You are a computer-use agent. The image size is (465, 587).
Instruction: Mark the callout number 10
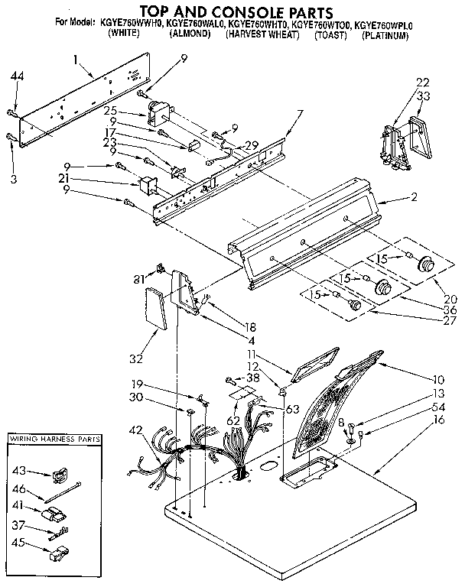click(x=438, y=378)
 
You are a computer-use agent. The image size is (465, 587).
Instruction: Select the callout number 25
click(x=132, y=112)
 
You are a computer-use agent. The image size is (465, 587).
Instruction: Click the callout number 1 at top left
click(x=77, y=59)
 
